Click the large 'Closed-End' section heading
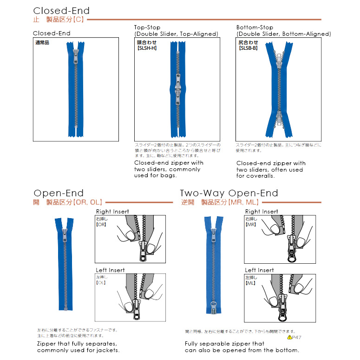(x=61, y=11)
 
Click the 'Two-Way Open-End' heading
(x=229, y=193)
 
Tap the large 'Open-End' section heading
(x=59, y=193)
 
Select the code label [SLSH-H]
(x=147, y=48)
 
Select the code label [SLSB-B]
(x=248, y=48)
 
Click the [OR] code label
(x=102, y=224)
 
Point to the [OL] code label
(x=101, y=283)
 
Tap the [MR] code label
(x=251, y=224)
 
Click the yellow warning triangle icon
(x=289, y=337)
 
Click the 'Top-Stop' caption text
(x=147, y=27)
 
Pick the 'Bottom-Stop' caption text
(x=255, y=27)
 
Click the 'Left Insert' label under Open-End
(x=110, y=270)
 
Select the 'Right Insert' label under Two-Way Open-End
(x=262, y=212)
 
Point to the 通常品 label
(x=42, y=43)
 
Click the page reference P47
(x=297, y=337)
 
